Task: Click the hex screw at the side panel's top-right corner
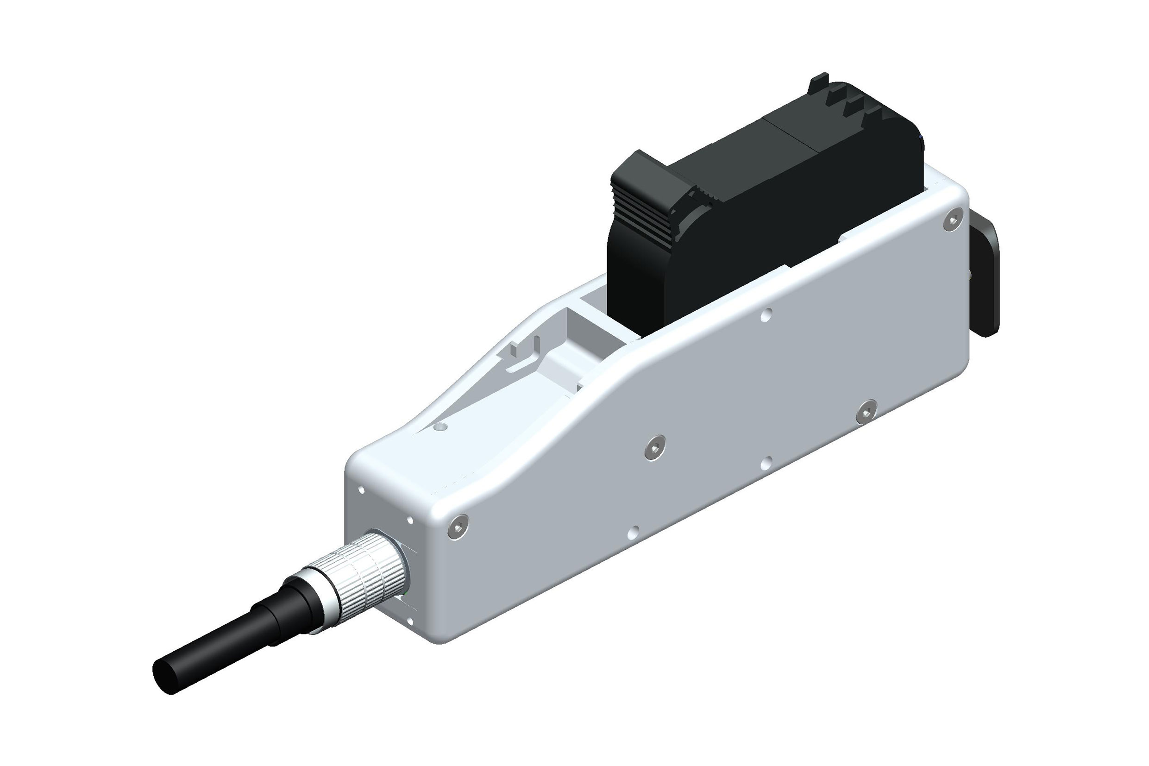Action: (x=952, y=221)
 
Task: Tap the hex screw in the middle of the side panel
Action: (x=654, y=447)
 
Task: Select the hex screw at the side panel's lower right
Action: (x=866, y=412)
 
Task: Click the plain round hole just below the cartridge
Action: (x=766, y=315)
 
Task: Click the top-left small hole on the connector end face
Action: (x=362, y=490)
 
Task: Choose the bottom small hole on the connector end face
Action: (x=409, y=622)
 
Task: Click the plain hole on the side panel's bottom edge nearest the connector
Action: (x=634, y=532)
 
